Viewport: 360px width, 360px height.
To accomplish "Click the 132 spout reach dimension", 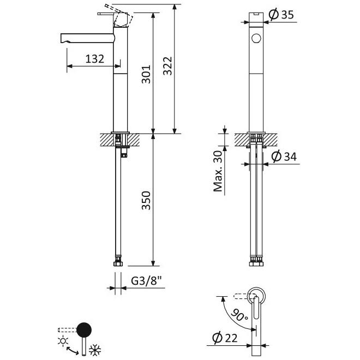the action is [x=94, y=59].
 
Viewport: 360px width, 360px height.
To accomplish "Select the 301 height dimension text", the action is [x=146, y=74].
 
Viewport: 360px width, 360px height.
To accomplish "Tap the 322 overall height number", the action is [x=167, y=66].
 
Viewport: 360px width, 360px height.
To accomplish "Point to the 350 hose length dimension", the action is [x=146, y=200].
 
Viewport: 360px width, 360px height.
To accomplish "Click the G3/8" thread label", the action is [x=147, y=280].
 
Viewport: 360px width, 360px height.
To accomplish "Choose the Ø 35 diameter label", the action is [x=281, y=15].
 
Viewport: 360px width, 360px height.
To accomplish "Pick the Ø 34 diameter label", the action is [x=284, y=157].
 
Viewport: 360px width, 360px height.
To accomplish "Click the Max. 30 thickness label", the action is [x=218, y=171].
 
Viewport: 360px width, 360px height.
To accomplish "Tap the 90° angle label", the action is [x=239, y=315].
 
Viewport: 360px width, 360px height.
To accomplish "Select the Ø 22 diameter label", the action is [x=225, y=338].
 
